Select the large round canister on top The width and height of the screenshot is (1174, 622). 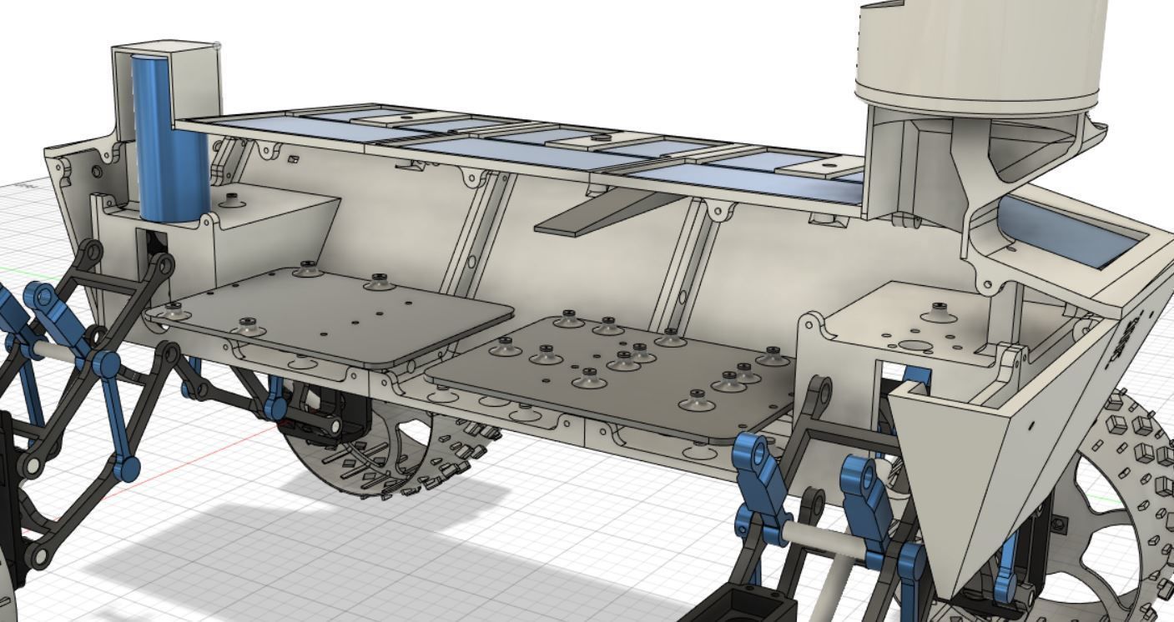coord(980,50)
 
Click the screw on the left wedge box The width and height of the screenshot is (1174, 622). coord(232,198)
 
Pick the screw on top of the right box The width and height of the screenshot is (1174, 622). coord(939,309)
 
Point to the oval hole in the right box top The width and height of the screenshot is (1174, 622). coord(915,345)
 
